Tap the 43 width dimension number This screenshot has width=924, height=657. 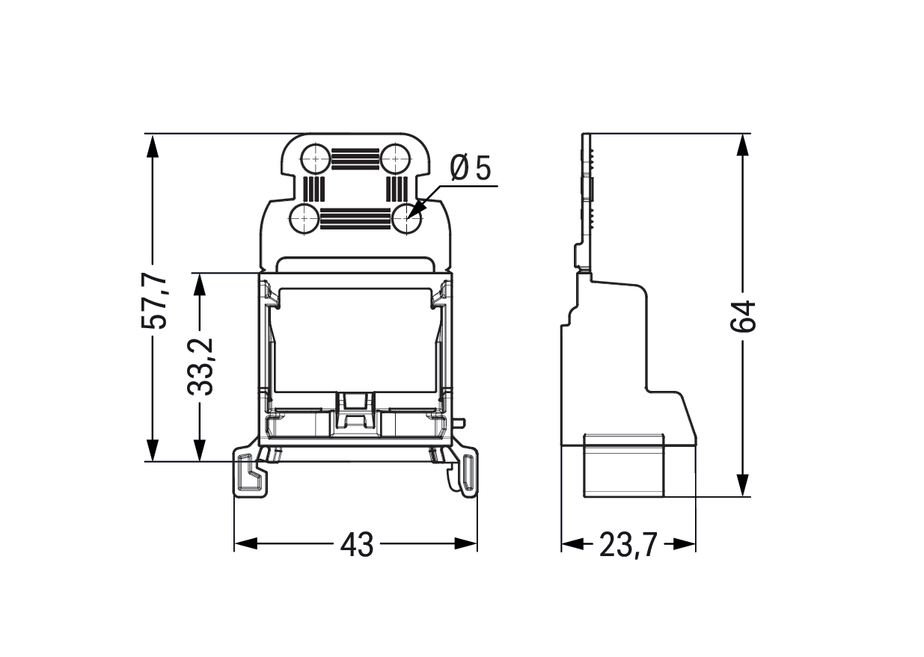[357, 545]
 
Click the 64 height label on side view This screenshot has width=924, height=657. [743, 317]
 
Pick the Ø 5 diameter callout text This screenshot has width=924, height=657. [471, 168]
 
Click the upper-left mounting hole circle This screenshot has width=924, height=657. [316, 158]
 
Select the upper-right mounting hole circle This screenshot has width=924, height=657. [396, 158]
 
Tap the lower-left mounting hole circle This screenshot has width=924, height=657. [305, 218]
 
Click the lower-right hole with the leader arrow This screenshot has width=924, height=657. [407, 218]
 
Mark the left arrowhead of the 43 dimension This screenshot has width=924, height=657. [246, 543]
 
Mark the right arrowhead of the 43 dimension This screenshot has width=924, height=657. [465, 543]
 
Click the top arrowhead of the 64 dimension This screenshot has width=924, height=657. [742, 146]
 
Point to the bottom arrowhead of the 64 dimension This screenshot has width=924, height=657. [742, 485]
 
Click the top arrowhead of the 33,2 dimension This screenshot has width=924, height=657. [200, 284]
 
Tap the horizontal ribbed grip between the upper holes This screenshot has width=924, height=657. [355, 159]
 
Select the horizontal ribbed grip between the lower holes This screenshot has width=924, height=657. [355, 218]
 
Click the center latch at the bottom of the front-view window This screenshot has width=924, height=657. [355, 413]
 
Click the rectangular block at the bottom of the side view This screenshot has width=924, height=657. [624, 466]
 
